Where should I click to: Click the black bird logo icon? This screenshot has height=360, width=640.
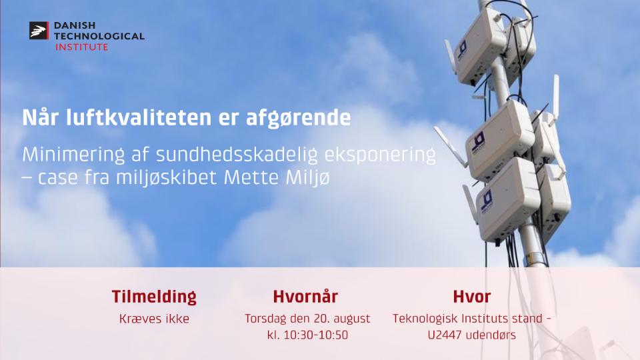39,31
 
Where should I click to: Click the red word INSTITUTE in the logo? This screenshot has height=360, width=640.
81,47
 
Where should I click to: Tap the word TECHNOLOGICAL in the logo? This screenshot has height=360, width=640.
99,36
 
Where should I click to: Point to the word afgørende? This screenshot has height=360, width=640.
299,119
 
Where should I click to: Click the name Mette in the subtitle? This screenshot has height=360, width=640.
251,177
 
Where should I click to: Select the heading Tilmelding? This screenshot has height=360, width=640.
154,297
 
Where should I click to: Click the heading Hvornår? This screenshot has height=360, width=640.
305,296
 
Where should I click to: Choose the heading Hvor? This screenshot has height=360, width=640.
472,297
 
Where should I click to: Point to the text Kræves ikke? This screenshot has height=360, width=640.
154,319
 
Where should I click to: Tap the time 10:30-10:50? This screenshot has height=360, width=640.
316,335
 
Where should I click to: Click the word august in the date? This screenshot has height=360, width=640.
351,319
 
